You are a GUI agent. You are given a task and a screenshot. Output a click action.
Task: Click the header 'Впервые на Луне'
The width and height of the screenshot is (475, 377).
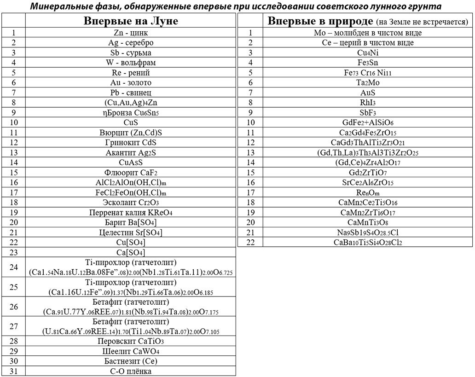point(131,21)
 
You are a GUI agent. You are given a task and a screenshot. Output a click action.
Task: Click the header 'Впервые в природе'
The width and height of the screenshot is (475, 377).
point(320,21)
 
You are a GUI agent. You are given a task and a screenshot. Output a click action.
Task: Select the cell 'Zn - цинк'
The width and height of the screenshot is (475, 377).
point(131,33)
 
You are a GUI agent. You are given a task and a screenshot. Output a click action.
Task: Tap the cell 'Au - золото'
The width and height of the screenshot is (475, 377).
point(131,82)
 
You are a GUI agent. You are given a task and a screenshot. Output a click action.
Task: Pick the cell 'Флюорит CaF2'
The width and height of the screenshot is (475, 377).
point(131,173)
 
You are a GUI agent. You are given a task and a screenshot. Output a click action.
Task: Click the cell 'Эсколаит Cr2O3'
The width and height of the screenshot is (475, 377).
point(131,203)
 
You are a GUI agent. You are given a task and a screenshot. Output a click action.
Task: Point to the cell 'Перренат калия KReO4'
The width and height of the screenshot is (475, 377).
point(131,213)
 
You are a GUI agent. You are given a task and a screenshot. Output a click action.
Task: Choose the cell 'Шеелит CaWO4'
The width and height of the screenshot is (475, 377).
point(131,351)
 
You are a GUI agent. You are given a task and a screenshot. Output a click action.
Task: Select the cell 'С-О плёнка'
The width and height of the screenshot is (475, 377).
point(131,371)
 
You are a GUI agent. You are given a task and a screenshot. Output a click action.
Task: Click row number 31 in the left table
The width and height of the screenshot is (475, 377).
point(13,371)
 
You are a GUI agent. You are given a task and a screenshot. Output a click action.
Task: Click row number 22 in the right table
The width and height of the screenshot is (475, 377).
point(250,243)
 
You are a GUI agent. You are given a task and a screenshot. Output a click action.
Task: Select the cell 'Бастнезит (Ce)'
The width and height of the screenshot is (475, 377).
point(131,361)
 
